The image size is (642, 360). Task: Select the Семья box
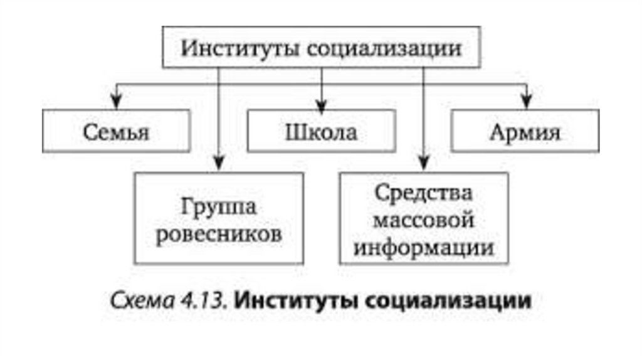[116, 131]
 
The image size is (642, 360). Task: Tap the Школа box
[321, 131]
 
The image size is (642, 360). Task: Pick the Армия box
[525, 131]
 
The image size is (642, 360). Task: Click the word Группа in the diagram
[219, 207]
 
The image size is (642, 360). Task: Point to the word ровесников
[219, 234]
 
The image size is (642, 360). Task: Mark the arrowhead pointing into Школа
[321, 102]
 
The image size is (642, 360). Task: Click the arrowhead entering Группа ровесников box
[219, 163]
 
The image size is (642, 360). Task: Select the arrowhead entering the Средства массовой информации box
[424, 163]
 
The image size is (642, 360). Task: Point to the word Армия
[525, 132]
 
